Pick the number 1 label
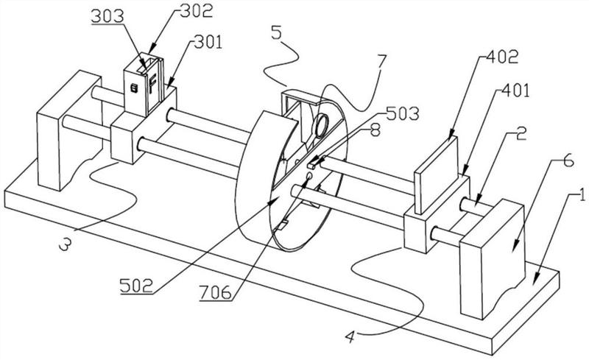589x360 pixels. coord(582,196)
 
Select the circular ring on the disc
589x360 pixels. coord(322,124)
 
